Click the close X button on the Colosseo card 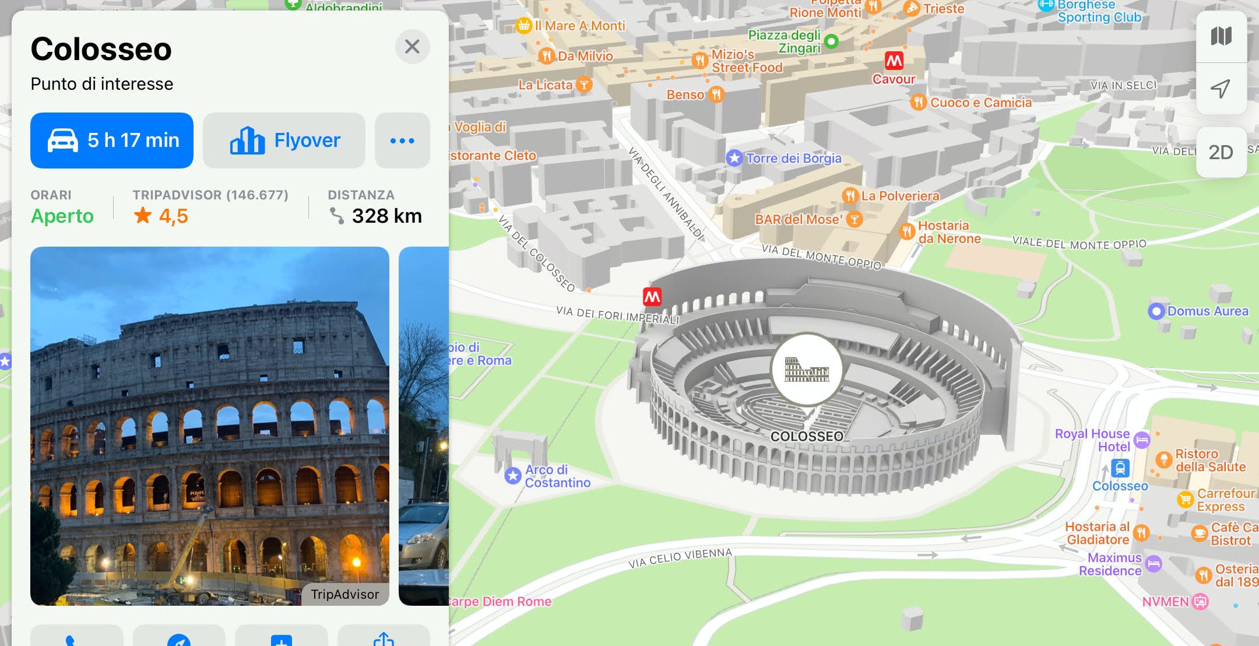tap(412, 47)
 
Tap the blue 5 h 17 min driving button tap(112, 141)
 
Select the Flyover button tap(284, 141)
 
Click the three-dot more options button tap(402, 141)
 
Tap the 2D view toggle tap(1221, 152)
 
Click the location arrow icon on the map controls tap(1221, 89)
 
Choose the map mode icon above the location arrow tap(1221, 36)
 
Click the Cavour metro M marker tap(894, 61)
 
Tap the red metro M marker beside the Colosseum tap(652, 297)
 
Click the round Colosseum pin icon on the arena tap(807, 369)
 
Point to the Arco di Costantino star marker tap(513, 476)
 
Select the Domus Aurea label tap(1208, 311)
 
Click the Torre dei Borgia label tap(793, 158)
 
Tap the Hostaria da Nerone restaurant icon tap(906, 231)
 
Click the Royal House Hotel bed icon tap(1142, 440)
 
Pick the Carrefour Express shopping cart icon tap(1185, 500)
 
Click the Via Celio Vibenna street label tap(680, 558)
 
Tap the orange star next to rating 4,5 tap(143, 216)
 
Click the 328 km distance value tap(386, 216)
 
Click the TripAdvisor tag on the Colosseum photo tap(344, 594)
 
